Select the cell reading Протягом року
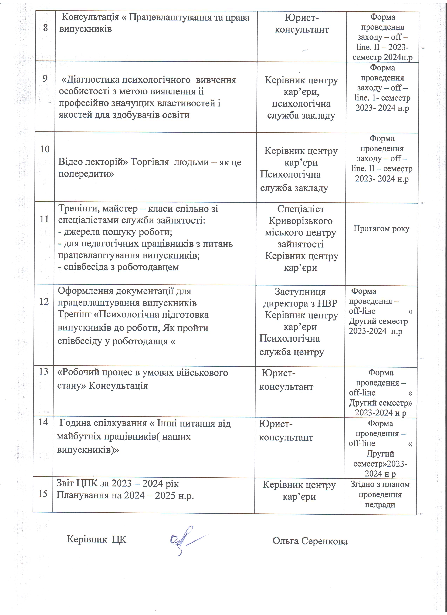pos(381,229)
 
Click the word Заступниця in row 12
pos(300,292)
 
